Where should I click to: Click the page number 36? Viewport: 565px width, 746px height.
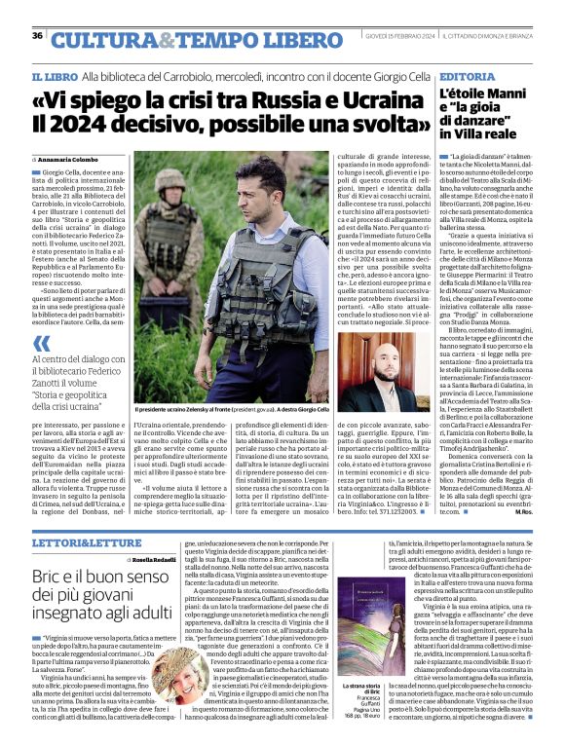point(37,36)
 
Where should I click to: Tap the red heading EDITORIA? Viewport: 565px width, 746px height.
point(468,76)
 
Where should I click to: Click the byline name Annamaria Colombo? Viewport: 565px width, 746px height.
point(74,159)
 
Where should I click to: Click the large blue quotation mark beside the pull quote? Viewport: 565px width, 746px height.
point(41,343)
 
